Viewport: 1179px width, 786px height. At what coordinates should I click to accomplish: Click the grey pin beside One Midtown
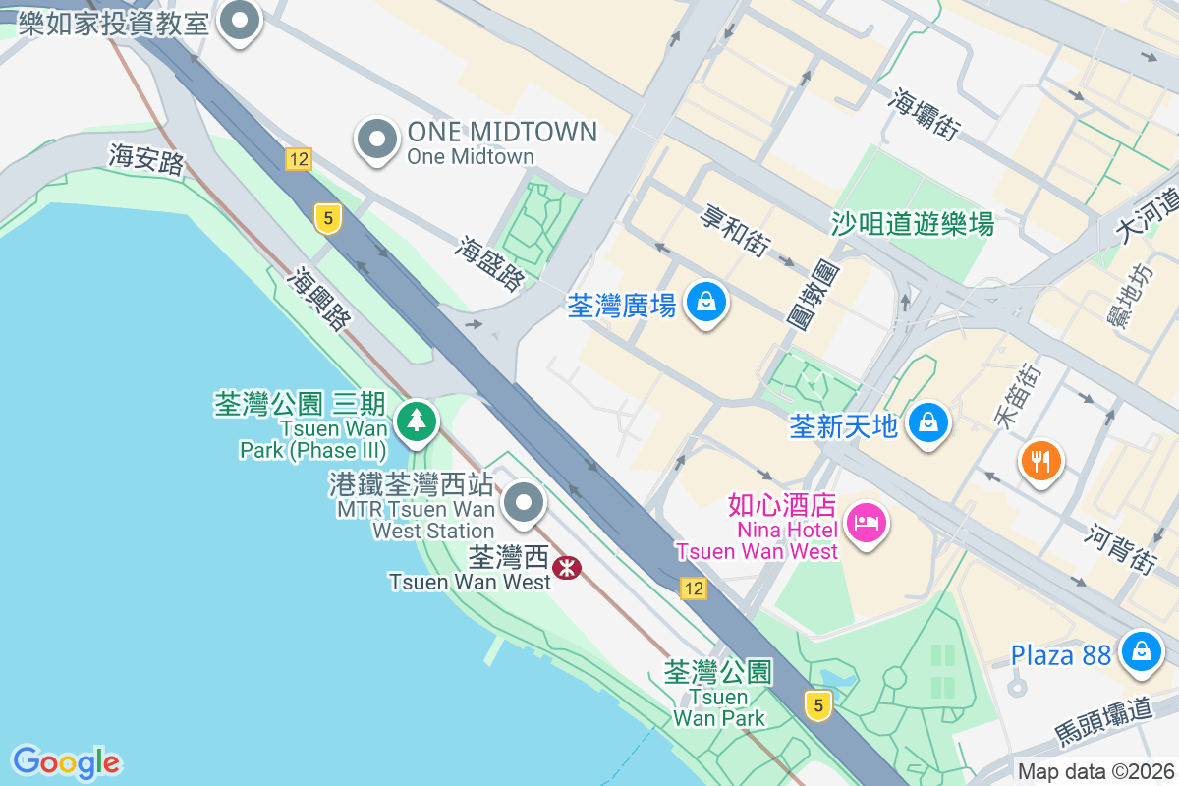tap(376, 140)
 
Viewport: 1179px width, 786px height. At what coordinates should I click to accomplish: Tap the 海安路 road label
tap(147, 159)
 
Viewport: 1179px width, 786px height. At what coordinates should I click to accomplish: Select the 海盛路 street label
tap(489, 262)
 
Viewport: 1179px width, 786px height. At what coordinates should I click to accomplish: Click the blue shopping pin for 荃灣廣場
tap(706, 303)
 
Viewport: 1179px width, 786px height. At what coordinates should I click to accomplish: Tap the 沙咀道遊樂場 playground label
tap(913, 224)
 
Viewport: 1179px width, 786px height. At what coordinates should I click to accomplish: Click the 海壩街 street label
tap(926, 113)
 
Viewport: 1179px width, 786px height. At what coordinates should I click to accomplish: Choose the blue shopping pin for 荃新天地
tap(926, 423)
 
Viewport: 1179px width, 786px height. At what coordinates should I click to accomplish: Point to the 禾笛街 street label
tap(1017, 396)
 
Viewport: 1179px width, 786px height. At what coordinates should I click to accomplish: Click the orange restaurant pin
tap(1041, 460)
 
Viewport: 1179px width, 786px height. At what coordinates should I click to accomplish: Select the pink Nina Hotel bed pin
tap(866, 522)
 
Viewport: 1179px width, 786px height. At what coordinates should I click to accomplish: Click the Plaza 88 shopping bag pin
tap(1142, 651)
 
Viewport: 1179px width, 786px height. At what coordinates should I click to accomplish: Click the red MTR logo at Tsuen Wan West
tap(567, 567)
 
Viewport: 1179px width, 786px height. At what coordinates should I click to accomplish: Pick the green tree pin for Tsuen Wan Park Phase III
tap(418, 421)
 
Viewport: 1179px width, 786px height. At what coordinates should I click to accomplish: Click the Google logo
tap(67, 762)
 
